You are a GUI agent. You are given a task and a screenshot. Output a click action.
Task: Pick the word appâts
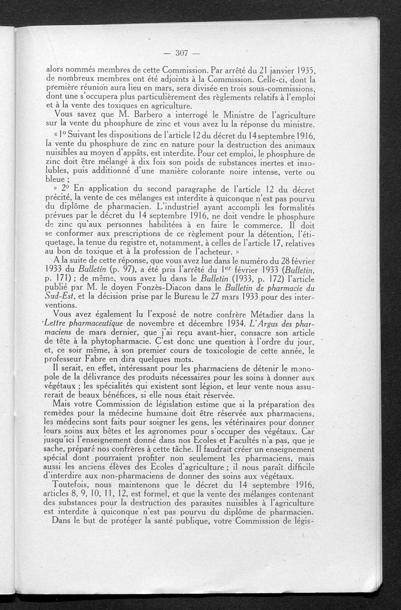(152, 153)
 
